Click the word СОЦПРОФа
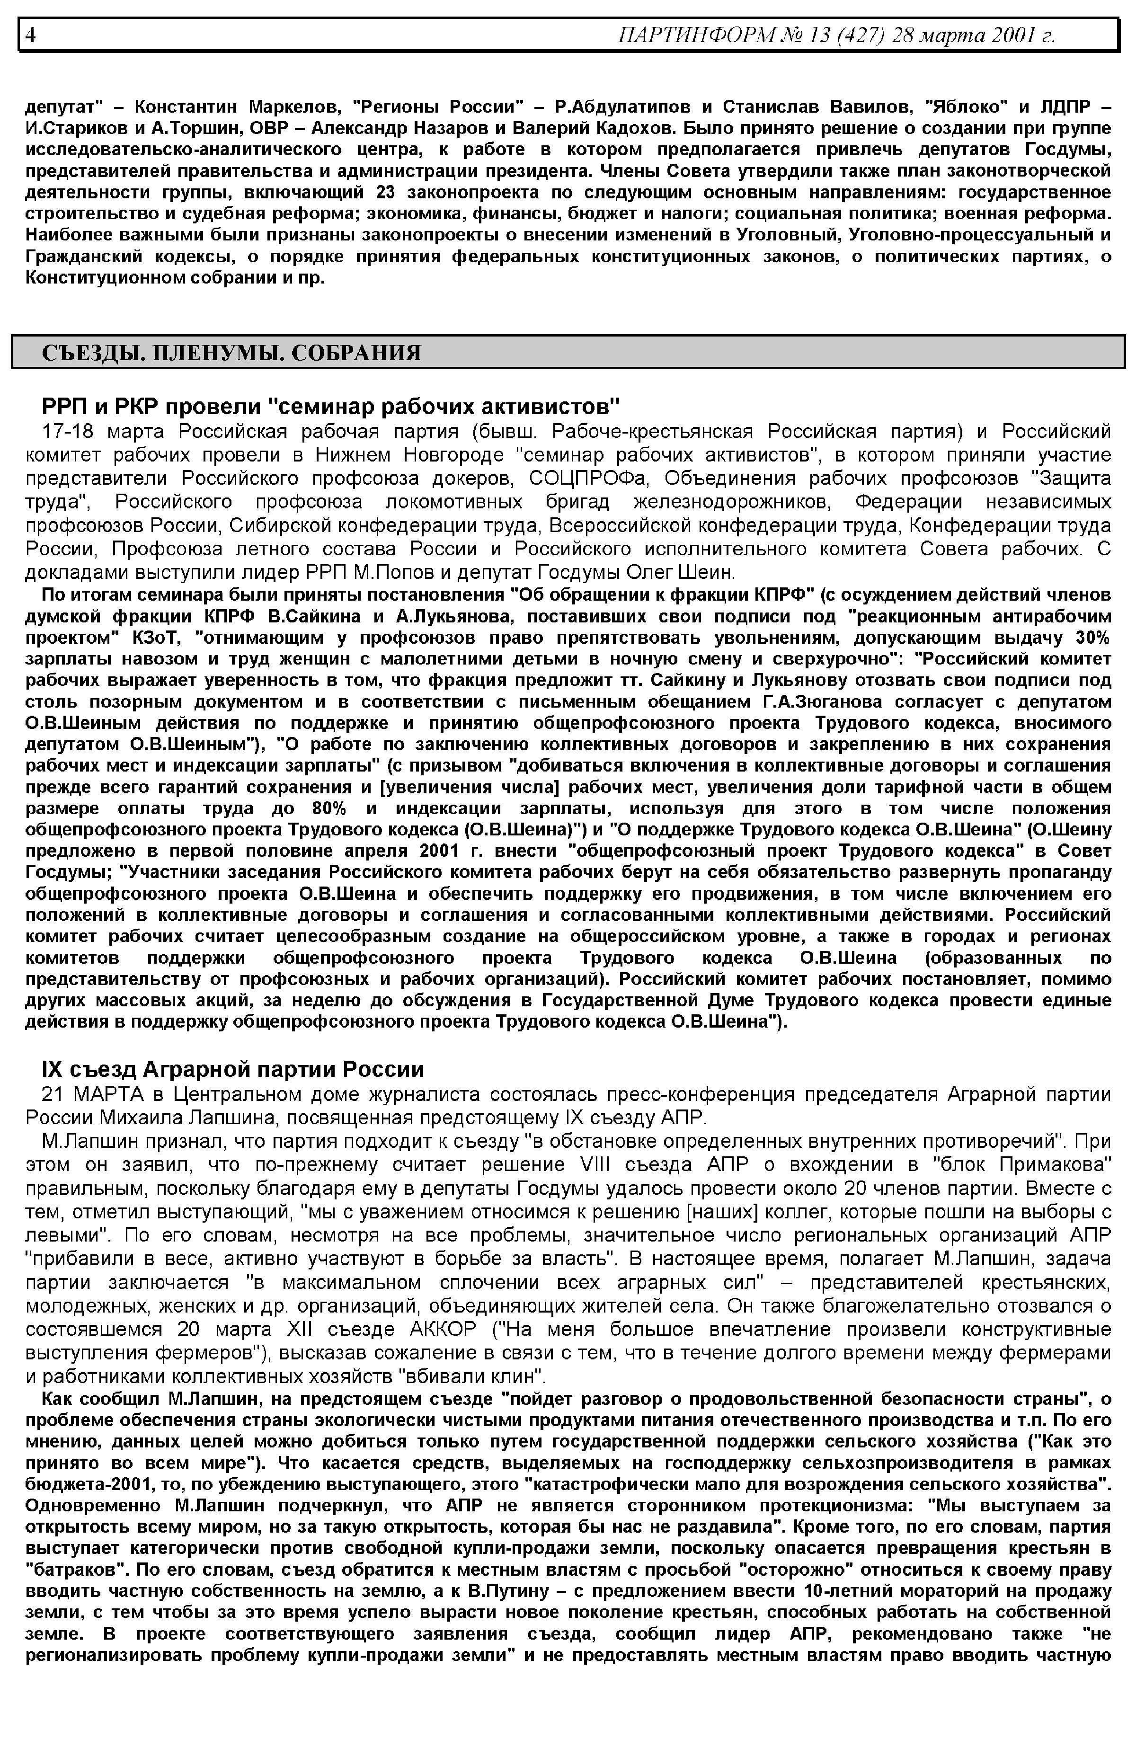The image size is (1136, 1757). (589, 478)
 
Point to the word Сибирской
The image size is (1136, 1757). (272, 526)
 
